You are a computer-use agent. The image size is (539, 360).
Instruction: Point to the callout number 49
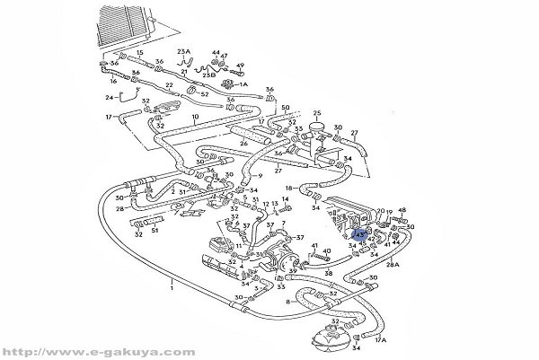pyautogui.click(x=241, y=66)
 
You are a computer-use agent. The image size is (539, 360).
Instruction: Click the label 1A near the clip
pyautogui.click(x=243, y=84)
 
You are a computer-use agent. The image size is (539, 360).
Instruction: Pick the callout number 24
pyautogui.click(x=110, y=96)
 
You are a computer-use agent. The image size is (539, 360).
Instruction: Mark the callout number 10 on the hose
pyautogui.click(x=196, y=118)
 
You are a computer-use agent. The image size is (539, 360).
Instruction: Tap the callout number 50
pyautogui.click(x=286, y=108)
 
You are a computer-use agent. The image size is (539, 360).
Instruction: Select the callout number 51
pyautogui.click(x=155, y=230)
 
